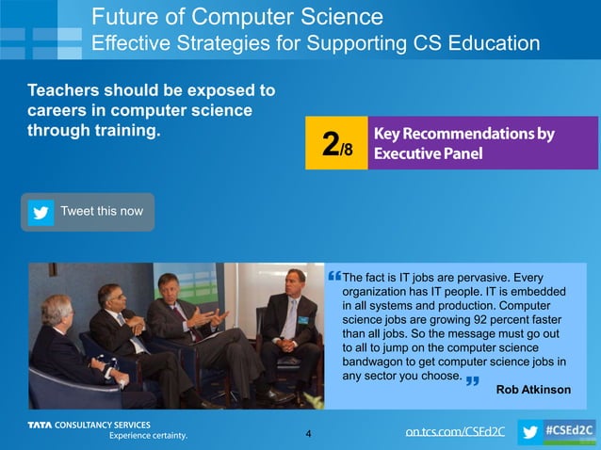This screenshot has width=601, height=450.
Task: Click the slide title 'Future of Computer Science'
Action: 237,16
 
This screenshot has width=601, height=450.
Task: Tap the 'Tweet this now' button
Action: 88,212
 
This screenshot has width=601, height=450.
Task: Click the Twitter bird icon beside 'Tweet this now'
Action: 41,212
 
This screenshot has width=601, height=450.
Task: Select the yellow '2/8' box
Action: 336,143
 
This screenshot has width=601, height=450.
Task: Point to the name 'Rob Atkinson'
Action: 533,390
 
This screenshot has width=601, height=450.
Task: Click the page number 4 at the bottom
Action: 308,434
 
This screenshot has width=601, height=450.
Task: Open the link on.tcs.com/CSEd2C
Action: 455,432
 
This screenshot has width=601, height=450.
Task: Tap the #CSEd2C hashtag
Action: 570,431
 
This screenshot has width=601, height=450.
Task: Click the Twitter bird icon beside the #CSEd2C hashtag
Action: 531,432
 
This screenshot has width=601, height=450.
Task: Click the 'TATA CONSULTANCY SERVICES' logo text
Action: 89,426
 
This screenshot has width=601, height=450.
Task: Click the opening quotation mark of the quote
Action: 336,277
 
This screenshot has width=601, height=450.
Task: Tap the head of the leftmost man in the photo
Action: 57,309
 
